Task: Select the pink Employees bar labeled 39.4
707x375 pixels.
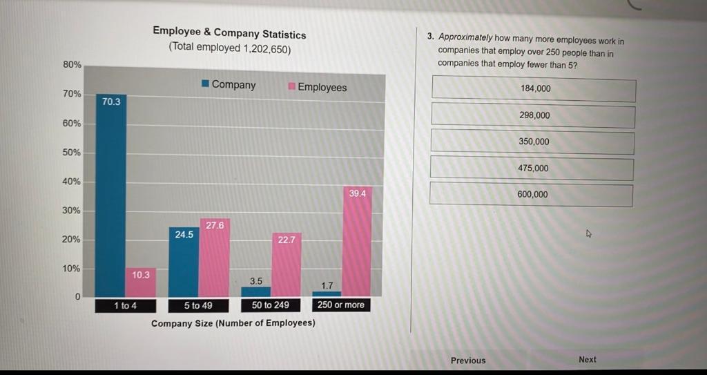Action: [x=357, y=242]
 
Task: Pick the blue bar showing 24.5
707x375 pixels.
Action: [x=184, y=262]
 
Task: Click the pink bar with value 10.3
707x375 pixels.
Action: [x=141, y=283]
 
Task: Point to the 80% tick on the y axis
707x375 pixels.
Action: [x=72, y=64]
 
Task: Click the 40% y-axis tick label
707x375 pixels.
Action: [x=72, y=182]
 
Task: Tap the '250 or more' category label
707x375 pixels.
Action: [x=340, y=305]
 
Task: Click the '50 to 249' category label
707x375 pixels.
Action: [x=270, y=305]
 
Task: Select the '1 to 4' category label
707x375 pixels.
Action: [x=125, y=305]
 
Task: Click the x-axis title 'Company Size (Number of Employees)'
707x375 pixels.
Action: [x=233, y=323]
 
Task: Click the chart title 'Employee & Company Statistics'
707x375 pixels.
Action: [x=229, y=32]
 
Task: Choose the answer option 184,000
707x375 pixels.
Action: [x=534, y=89]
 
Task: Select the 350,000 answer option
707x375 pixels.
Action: [x=532, y=142]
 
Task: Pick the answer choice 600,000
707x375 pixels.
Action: [x=532, y=194]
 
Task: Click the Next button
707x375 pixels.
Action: [x=587, y=359]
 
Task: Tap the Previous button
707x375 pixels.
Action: [x=468, y=360]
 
